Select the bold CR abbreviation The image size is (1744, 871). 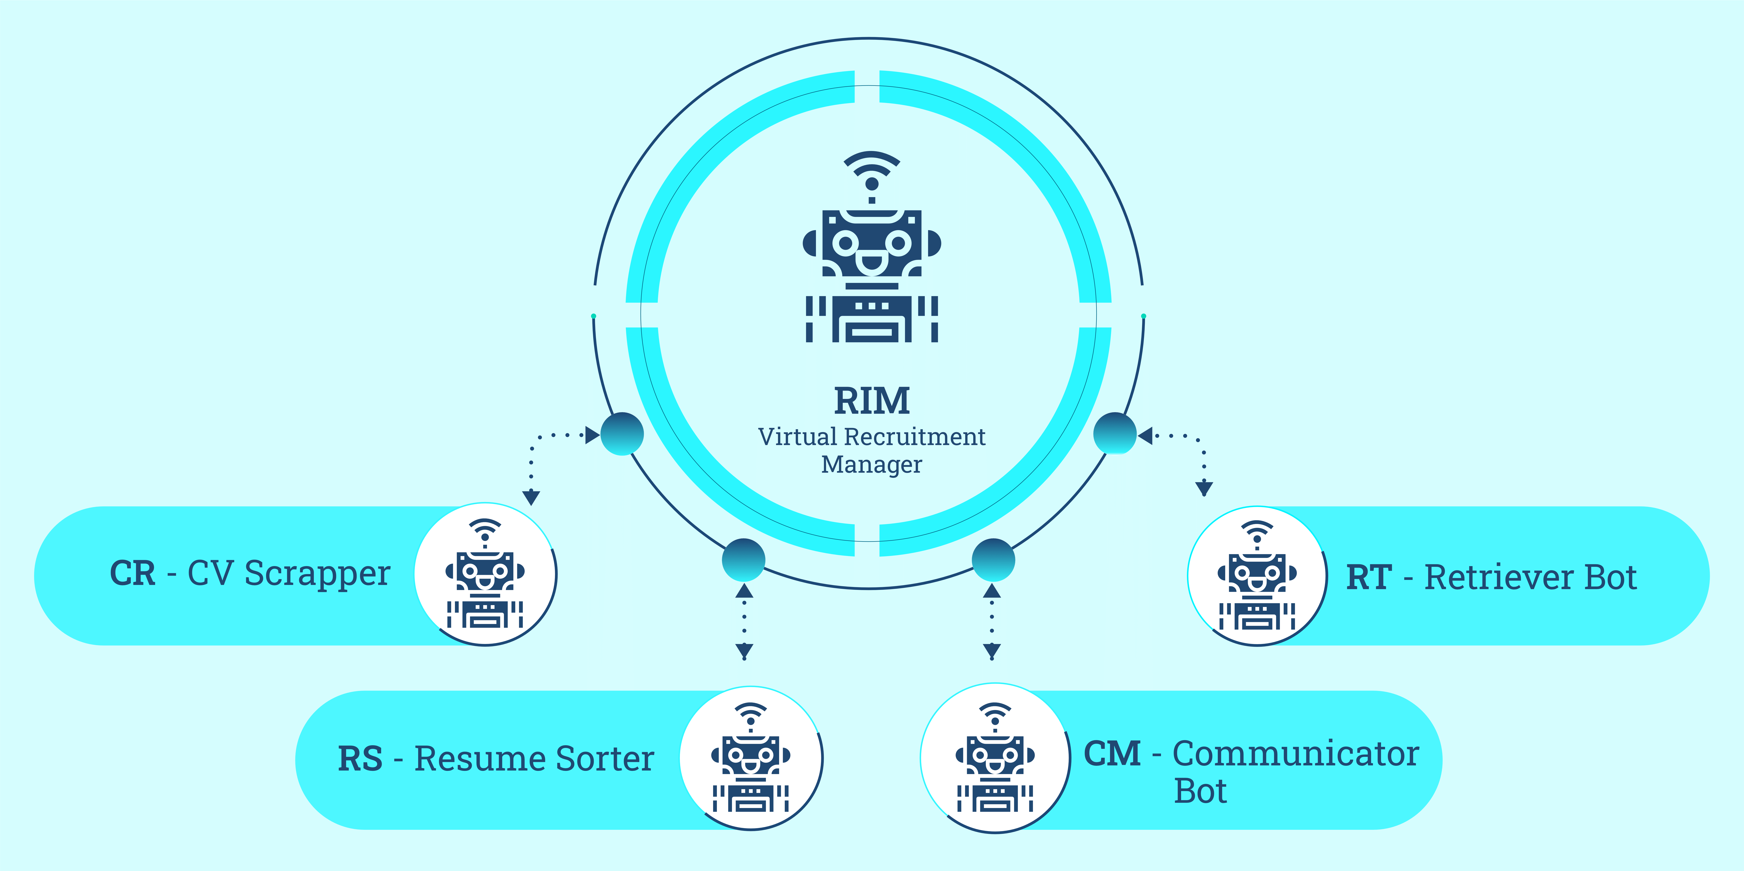click(133, 574)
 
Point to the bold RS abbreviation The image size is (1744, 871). click(360, 759)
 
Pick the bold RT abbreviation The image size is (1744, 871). click(1369, 578)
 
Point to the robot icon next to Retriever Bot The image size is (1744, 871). click(1257, 576)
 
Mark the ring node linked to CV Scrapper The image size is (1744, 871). click(622, 433)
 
